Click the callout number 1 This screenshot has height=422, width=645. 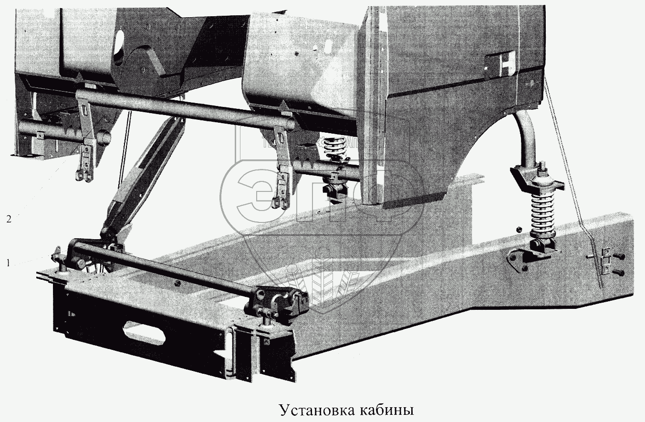[8, 262]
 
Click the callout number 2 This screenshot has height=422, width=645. [8, 219]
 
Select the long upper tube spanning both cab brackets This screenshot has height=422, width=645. [186, 110]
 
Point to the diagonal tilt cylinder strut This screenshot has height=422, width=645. [143, 177]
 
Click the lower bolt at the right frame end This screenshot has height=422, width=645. [619, 272]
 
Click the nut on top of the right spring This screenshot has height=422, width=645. [543, 169]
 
